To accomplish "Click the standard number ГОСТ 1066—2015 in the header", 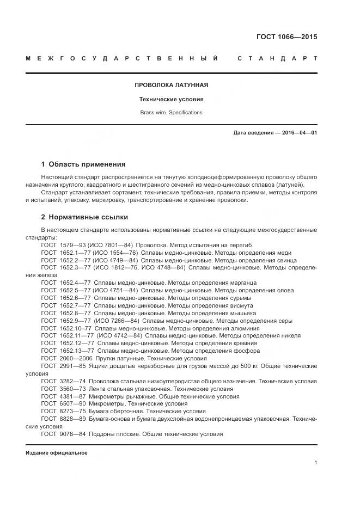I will (x=286, y=38).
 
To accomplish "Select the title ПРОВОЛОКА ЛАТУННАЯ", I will (x=172, y=85).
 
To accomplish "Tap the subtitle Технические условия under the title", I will (x=172, y=100).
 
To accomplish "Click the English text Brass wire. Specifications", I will (x=172, y=113).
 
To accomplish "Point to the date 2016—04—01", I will (x=299, y=133).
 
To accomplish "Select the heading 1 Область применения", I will (x=83, y=164).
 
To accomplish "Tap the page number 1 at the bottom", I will (x=315, y=463).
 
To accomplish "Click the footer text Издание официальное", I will (x=57, y=453).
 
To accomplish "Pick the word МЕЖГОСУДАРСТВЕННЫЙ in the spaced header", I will (x=123, y=59).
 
